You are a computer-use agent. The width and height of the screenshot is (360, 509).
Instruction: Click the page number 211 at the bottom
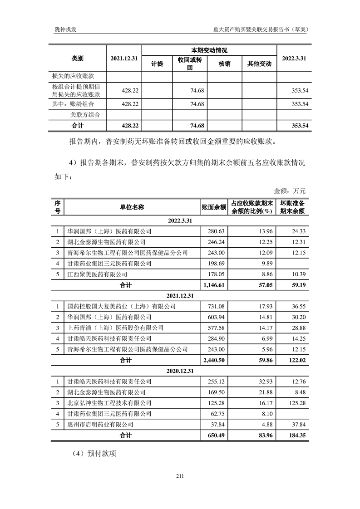[179, 476]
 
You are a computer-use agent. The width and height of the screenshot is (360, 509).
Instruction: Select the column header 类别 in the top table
[78, 59]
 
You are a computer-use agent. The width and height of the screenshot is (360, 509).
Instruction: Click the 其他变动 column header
[259, 64]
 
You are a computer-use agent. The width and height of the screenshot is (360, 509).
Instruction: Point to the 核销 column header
[224, 64]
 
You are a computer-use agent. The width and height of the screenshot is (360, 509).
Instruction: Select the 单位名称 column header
[132, 207]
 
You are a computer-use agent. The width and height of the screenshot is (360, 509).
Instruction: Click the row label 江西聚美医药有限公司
[96, 274]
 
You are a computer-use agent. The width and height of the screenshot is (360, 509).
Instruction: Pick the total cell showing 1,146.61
[213, 285]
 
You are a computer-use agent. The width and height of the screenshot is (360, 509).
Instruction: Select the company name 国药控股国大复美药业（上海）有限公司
[121, 307]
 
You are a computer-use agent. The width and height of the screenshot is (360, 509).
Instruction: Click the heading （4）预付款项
[94, 453]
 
